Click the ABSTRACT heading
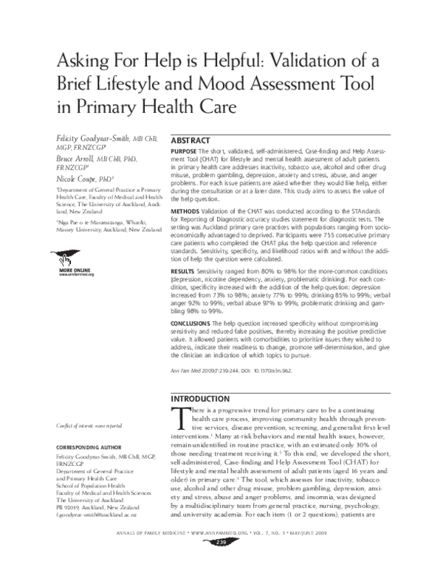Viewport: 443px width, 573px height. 190,140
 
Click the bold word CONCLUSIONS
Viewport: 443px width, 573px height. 190,323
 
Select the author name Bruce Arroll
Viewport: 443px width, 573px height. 76,157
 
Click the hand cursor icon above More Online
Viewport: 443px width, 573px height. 66,260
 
